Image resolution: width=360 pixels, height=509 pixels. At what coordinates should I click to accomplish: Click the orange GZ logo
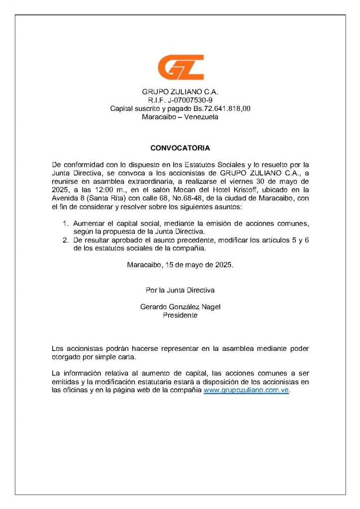coord(180,67)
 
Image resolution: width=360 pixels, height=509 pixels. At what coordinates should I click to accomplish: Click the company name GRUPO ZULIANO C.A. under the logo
coord(180,92)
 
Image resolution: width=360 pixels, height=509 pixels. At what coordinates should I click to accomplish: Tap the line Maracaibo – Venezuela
coord(180,117)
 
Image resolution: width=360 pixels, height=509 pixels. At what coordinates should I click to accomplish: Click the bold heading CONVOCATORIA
coord(180,148)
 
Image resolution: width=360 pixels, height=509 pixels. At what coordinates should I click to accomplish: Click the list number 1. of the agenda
coord(66,223)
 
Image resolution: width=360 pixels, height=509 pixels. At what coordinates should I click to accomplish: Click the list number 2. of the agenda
coord(66,240)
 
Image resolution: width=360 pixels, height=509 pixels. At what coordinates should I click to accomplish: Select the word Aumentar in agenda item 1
coord(88,223)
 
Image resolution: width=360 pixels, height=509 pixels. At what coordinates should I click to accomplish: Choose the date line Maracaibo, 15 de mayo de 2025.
coord(180,265)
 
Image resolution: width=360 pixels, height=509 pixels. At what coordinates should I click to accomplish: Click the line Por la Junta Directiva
coord(180,290)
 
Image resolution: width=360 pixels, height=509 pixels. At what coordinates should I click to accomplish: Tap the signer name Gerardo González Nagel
coord(180,307)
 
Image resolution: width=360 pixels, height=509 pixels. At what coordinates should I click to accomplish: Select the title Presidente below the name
coord(180,315)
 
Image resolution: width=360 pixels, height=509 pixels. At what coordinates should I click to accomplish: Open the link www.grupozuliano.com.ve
coord(246,391)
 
